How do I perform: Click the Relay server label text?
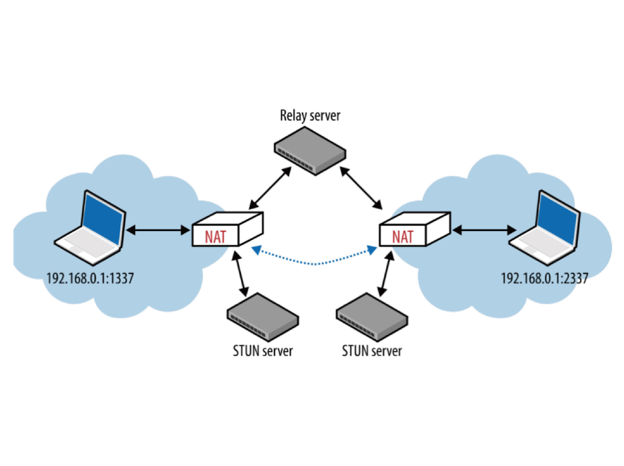[310, 116]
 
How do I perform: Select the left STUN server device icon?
[263, 317]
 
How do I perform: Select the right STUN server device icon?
[372, 317]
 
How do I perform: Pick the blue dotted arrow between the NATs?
[315, 263]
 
